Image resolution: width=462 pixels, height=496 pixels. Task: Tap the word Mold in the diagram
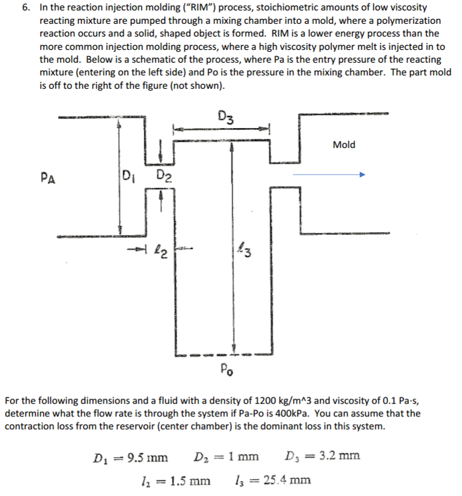[x=344, y=144]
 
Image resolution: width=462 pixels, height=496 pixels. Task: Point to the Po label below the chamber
[x=227, y=368]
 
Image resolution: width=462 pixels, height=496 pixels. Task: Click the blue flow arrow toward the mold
[x=329, y=174]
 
